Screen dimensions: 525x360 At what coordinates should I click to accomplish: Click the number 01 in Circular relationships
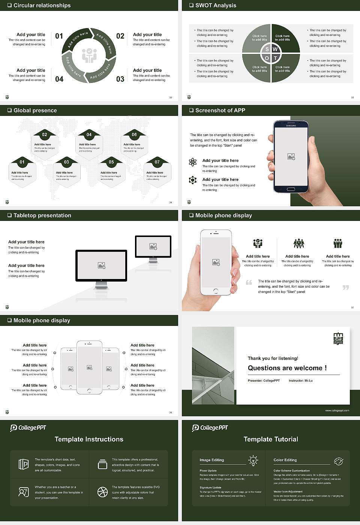point(59,36)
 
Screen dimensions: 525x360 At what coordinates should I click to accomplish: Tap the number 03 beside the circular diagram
point(120,79)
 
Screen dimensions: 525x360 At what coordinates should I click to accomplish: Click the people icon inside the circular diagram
point(89,55)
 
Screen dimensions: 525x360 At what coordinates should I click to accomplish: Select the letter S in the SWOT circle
point(267,49)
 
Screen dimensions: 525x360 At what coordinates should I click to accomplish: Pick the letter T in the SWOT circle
point(275,58)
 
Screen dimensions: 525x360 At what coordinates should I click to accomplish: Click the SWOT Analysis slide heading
point(216,5)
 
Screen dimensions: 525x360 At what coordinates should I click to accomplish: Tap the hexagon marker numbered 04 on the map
point(89,135)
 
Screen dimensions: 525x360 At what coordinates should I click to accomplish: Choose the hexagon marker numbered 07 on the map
point(157,162)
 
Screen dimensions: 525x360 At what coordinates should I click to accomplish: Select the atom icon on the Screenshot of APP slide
point(193,162)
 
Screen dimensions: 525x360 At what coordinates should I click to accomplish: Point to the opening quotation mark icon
point(249,282)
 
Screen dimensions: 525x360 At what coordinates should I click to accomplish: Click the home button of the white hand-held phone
point(216,291)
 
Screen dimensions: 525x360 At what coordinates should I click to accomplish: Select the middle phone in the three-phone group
point(89,367)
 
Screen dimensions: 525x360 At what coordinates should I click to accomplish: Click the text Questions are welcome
point(287,368)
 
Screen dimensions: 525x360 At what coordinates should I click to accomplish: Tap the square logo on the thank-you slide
point(338,339)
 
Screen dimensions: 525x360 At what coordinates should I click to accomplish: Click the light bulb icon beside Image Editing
point(253,460)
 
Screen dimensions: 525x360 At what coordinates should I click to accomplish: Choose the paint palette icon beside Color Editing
point(338,461)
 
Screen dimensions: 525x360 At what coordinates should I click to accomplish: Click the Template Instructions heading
point(89,439)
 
